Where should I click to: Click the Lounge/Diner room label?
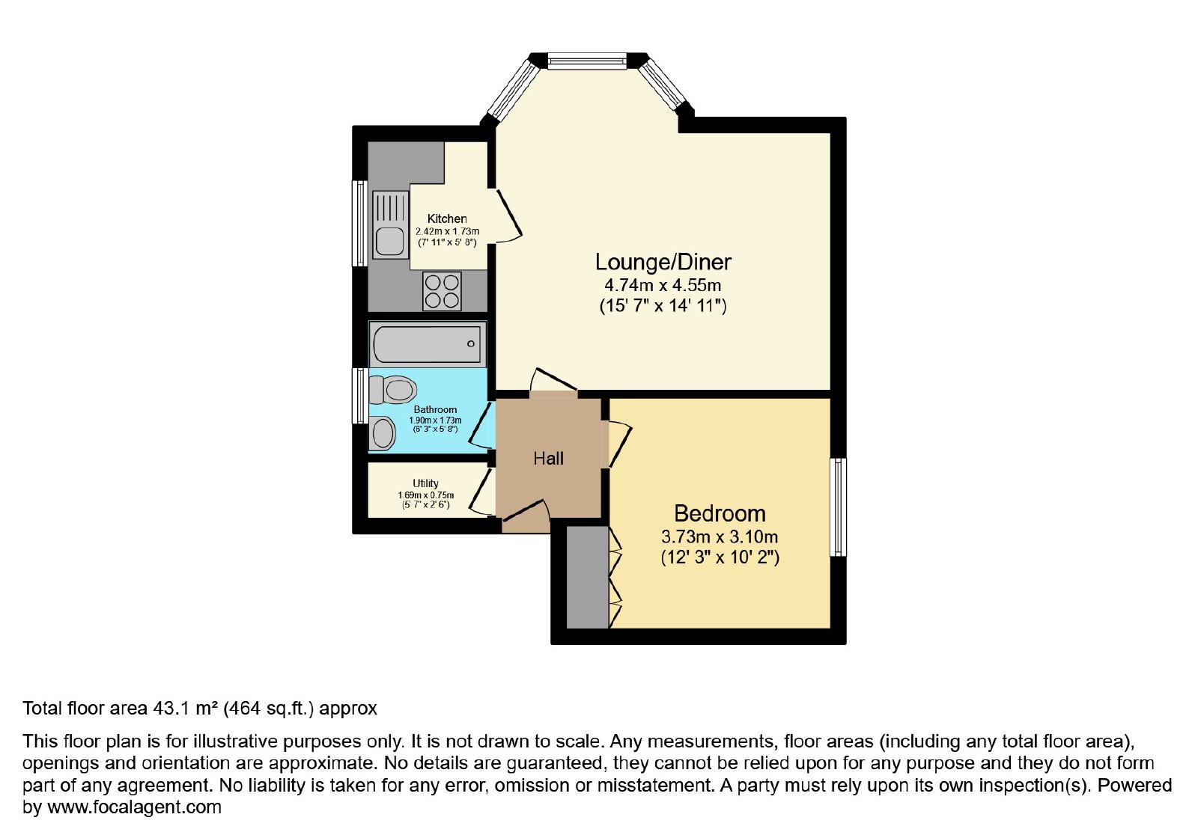click(663, 262)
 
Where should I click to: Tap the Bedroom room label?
click(720, 513)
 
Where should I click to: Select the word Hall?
click(549, 459)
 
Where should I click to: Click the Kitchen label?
click(447, 218)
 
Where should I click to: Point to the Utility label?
click(426, 483)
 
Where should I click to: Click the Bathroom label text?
click(435, 410)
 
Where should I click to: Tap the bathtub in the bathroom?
click(428, 344)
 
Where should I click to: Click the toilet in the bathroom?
click(392, 390)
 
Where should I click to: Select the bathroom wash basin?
click(382, 433)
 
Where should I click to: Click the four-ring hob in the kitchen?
click(442, 291)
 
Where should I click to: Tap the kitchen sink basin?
click(390, 242)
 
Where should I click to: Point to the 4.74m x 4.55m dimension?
click(663, 285)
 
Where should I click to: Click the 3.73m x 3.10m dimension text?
click(720, 536)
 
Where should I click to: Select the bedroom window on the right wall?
click(838, 507)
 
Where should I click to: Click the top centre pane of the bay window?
click(587, 61)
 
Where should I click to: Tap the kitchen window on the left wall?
click(359, 224)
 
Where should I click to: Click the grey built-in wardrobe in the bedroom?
click(588, 577)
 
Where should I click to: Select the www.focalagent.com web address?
click(134, 807)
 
